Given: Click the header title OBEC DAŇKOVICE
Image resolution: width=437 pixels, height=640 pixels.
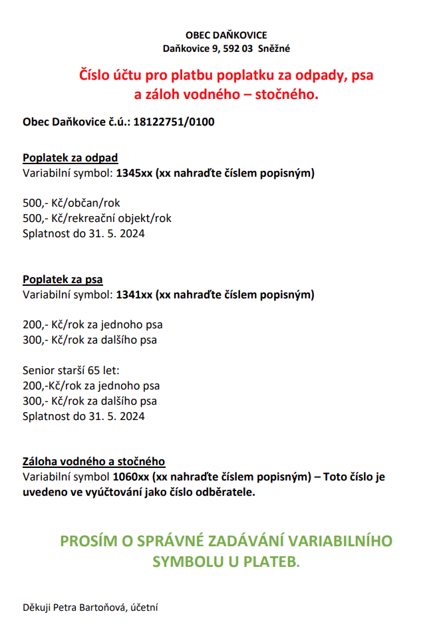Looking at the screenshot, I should (x=227, y=35).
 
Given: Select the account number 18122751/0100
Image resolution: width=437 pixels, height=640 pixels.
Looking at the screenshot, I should (x=174, y=122).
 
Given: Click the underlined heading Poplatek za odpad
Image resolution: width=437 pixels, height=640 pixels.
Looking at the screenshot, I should (x=71, y=158).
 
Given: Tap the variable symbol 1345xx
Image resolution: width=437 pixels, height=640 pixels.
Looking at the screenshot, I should (x=134, y=173).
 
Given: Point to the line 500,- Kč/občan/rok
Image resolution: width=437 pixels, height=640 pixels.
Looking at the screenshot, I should (x=71, y=203).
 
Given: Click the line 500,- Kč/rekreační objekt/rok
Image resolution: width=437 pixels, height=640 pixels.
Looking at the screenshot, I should (x=97, y=218).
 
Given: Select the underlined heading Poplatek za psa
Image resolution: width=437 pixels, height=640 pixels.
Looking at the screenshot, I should (x=63, y=279).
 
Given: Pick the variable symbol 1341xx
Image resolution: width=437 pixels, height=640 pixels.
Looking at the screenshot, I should (x=134, y=294).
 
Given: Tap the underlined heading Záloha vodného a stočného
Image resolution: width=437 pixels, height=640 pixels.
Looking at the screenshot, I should (x=94, y=461).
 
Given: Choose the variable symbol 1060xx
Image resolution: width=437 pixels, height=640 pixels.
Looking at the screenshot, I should (x=131, y=477).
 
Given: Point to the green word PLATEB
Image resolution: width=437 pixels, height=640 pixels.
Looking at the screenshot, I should (x=272, y=562).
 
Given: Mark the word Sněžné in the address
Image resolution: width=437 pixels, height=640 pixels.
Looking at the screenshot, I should (x=276, y=49).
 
